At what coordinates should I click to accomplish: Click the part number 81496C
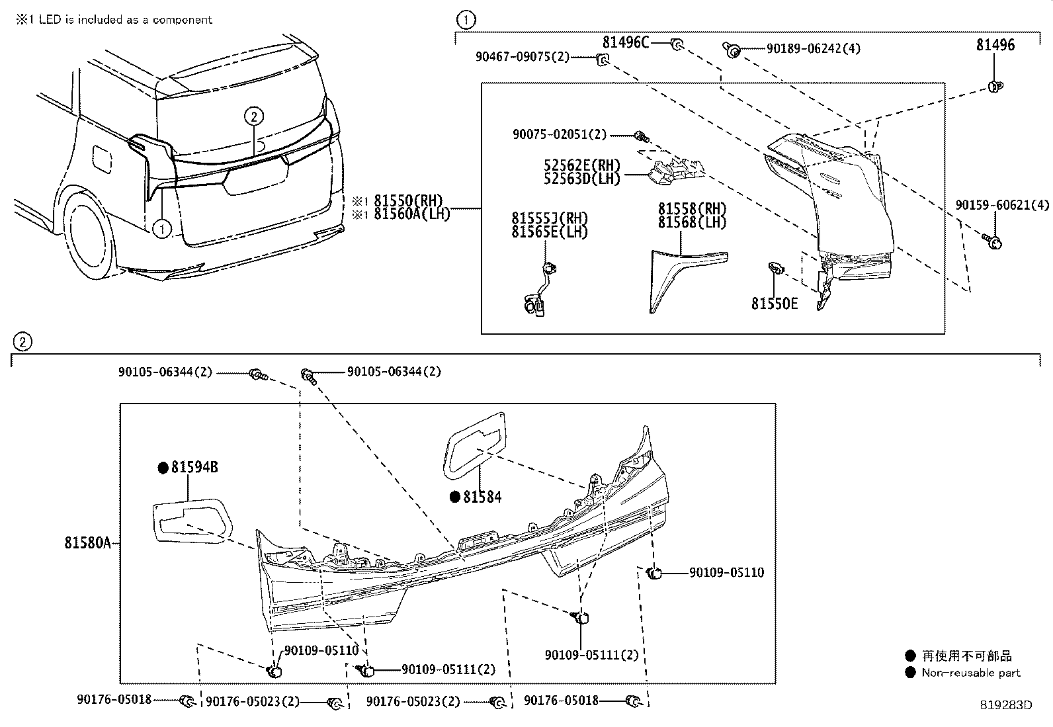click(x=625, y=43)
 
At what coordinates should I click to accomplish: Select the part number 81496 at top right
click(x=995, y=45)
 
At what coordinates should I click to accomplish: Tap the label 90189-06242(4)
click(x=813, y=49)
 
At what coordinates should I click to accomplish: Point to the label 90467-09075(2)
click(x=522, y=57)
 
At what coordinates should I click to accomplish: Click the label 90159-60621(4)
click(x=1001, y=206)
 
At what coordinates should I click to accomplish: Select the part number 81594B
click(x=194, y=468)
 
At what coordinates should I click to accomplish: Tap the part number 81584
click(x=482, y=497)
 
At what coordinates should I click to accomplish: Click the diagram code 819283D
click(x=1005, y=705)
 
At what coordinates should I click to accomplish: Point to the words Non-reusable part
click(x=970, y=673)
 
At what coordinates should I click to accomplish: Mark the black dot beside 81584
click(x=454, y=497)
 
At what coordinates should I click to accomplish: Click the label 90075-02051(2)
click(x=559, y=134)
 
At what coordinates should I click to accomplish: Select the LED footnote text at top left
click(x=114, y=20)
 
